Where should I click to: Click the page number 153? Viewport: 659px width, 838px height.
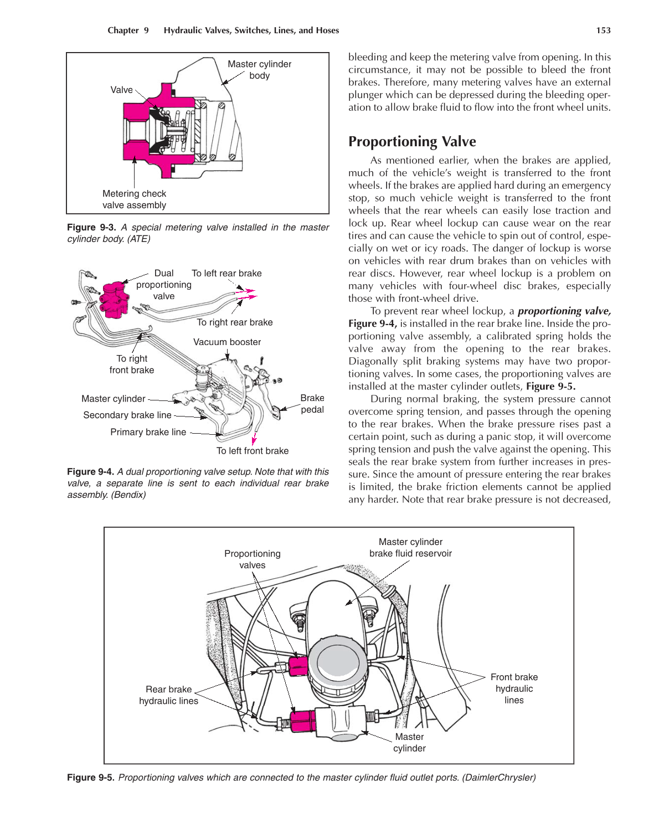pos(603,30)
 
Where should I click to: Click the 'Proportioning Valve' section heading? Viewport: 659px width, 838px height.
pos(411,142)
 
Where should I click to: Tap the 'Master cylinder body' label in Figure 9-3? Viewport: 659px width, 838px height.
pos(259,70)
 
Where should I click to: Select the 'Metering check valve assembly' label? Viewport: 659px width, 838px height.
pos(134,199)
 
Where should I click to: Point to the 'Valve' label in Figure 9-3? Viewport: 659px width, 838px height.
pos(121,90)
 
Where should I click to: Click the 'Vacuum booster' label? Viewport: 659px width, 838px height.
pos(226,342)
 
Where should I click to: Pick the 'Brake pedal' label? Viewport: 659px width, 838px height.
pos(312,404)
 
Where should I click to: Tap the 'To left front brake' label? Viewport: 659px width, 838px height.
pos(252,451)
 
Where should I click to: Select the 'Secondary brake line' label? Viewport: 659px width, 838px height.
pos(127,415)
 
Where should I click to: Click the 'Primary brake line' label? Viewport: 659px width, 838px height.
pos(148,432)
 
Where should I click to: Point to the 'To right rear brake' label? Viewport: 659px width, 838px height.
pos(234,322)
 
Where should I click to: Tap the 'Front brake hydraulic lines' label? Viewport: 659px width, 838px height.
pos(514,688)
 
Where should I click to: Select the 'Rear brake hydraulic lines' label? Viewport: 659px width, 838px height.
pos(168,695)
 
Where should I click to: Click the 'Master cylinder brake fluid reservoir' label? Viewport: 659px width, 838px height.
pos(410,548)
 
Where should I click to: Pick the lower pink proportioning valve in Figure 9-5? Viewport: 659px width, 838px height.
pos(302,721)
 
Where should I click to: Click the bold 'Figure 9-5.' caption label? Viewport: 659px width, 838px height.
pos(91,778)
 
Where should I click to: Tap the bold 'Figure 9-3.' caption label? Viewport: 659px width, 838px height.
pos(91,227)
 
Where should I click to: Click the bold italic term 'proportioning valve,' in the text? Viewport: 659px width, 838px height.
pos(564,311)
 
